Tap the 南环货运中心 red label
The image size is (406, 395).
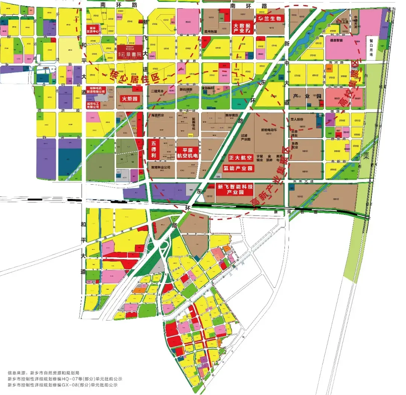95,30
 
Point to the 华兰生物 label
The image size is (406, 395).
269,18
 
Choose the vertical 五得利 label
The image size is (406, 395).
153,149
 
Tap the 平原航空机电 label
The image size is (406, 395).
188,152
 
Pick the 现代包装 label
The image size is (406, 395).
211,32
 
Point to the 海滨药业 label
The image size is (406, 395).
158,115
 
